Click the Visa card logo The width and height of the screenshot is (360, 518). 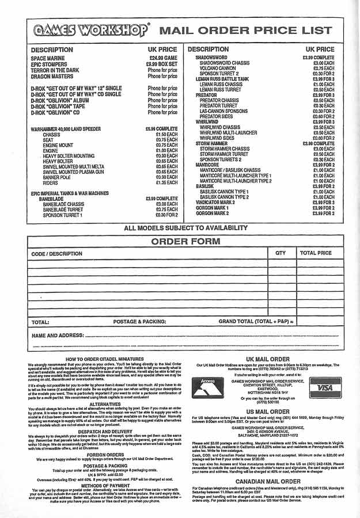click(x=325, y=388)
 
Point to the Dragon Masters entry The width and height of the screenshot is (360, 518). click(x=52, y=76)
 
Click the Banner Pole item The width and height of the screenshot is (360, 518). click(x=58, y=177)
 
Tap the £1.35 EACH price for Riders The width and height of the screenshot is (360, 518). click(x=166, y=182)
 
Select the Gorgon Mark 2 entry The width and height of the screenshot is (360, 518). click(x=212, y=213)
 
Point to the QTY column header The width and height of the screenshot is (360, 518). click(x=281, y=253)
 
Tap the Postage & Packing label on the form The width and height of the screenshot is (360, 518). click(x=139, y=322)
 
